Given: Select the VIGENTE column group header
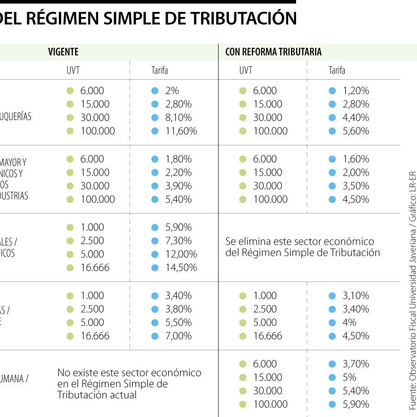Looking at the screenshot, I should click(x=63, y=52).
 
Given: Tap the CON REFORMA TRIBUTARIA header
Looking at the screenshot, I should click(x=273, y=52).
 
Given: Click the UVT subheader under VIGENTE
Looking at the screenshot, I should click(x=73, y=70).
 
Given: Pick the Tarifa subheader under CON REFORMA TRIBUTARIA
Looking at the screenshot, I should click(x=337, y=70).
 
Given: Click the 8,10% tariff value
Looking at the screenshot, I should click(x=178, y=118).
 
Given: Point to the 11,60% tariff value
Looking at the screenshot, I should click(x=181, y=131).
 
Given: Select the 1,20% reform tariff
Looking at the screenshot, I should click(x=356, y=91).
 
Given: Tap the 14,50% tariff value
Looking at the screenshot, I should click(x=181, y=268).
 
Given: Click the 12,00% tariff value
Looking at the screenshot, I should click(x=181, y=254).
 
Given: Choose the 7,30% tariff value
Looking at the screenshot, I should click(x=178, y=241).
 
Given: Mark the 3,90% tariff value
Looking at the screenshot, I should click(x=178, y=186).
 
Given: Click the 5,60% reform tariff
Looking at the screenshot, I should click(x=356, y=131).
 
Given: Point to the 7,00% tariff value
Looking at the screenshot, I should click(x=178, y=336).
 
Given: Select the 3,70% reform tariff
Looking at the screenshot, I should click(x=356, y=364).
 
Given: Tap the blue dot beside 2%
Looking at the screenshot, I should click(x=155, y=91).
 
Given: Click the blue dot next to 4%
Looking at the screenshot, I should click(x=332, y=322).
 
